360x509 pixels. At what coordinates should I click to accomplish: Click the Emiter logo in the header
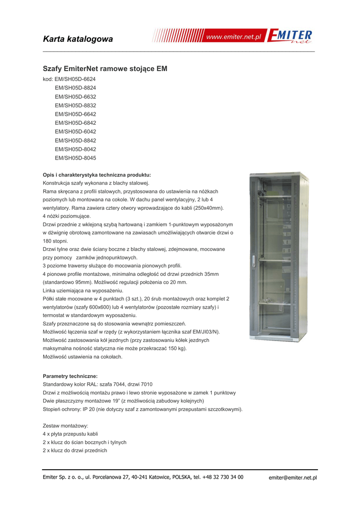tap(290, 37)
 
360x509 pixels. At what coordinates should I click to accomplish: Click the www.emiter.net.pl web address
tap(234, 37)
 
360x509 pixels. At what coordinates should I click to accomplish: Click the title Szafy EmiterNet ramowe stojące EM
tap(105, 69)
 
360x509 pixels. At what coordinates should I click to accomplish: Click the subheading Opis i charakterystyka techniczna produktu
tap(96, 175)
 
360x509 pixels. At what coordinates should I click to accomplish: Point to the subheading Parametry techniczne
tap(70, 376)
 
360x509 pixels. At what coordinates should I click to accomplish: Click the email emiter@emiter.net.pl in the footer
tap(293, 478)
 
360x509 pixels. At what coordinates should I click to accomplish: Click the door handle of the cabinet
tap(253, 260)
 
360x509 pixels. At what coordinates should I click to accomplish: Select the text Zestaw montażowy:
tap(66, 426)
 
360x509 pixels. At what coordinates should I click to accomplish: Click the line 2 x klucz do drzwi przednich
tap(75, 450)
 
